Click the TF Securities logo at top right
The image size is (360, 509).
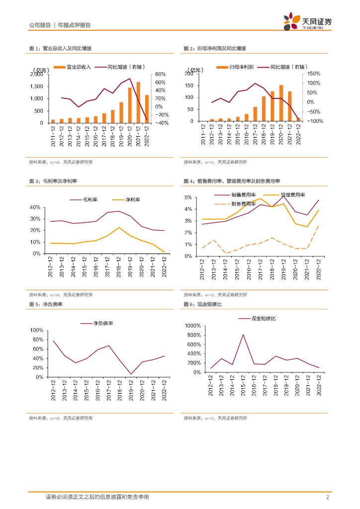(308, 21)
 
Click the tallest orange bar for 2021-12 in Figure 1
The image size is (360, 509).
(138, 102)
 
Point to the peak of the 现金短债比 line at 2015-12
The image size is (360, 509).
(243, 335)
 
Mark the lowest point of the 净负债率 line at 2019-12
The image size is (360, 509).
(131, 374)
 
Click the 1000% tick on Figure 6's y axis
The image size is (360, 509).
(192, 326)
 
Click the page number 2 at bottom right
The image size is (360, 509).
(327, 497)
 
